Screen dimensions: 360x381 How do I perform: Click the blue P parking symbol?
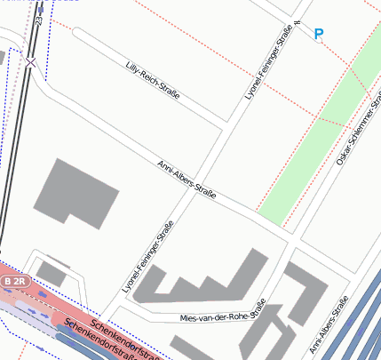(319, 35)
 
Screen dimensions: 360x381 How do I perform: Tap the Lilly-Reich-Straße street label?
(153, 79)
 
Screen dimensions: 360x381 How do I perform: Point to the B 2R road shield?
(16, 281)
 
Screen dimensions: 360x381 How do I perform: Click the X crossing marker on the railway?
(31, 62)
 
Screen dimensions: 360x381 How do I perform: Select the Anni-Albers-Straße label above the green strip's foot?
(187, 179)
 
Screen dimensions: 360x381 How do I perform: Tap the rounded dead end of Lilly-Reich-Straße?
(77, 34)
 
